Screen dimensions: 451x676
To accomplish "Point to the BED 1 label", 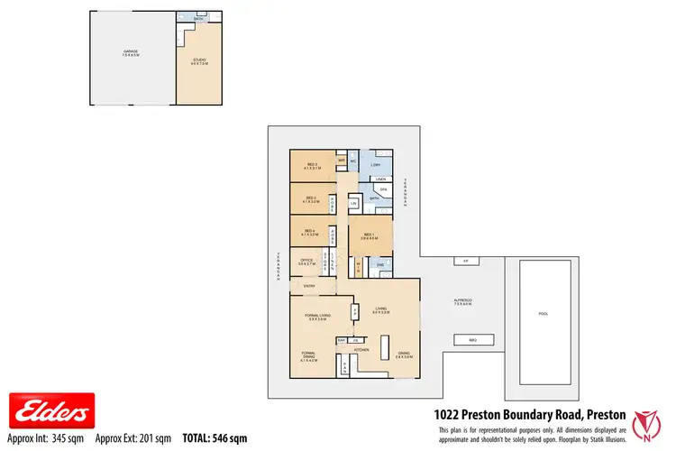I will coord(369,236).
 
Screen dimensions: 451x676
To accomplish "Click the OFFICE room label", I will coord(306,262).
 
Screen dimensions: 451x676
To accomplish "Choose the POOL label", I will coord(543,315).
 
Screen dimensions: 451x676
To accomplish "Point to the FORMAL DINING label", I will coord(308,356).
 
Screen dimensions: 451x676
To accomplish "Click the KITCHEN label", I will coord(361,348).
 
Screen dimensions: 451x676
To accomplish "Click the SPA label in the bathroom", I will coord(383,190).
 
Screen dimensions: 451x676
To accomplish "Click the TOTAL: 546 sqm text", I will coord(215,438).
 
